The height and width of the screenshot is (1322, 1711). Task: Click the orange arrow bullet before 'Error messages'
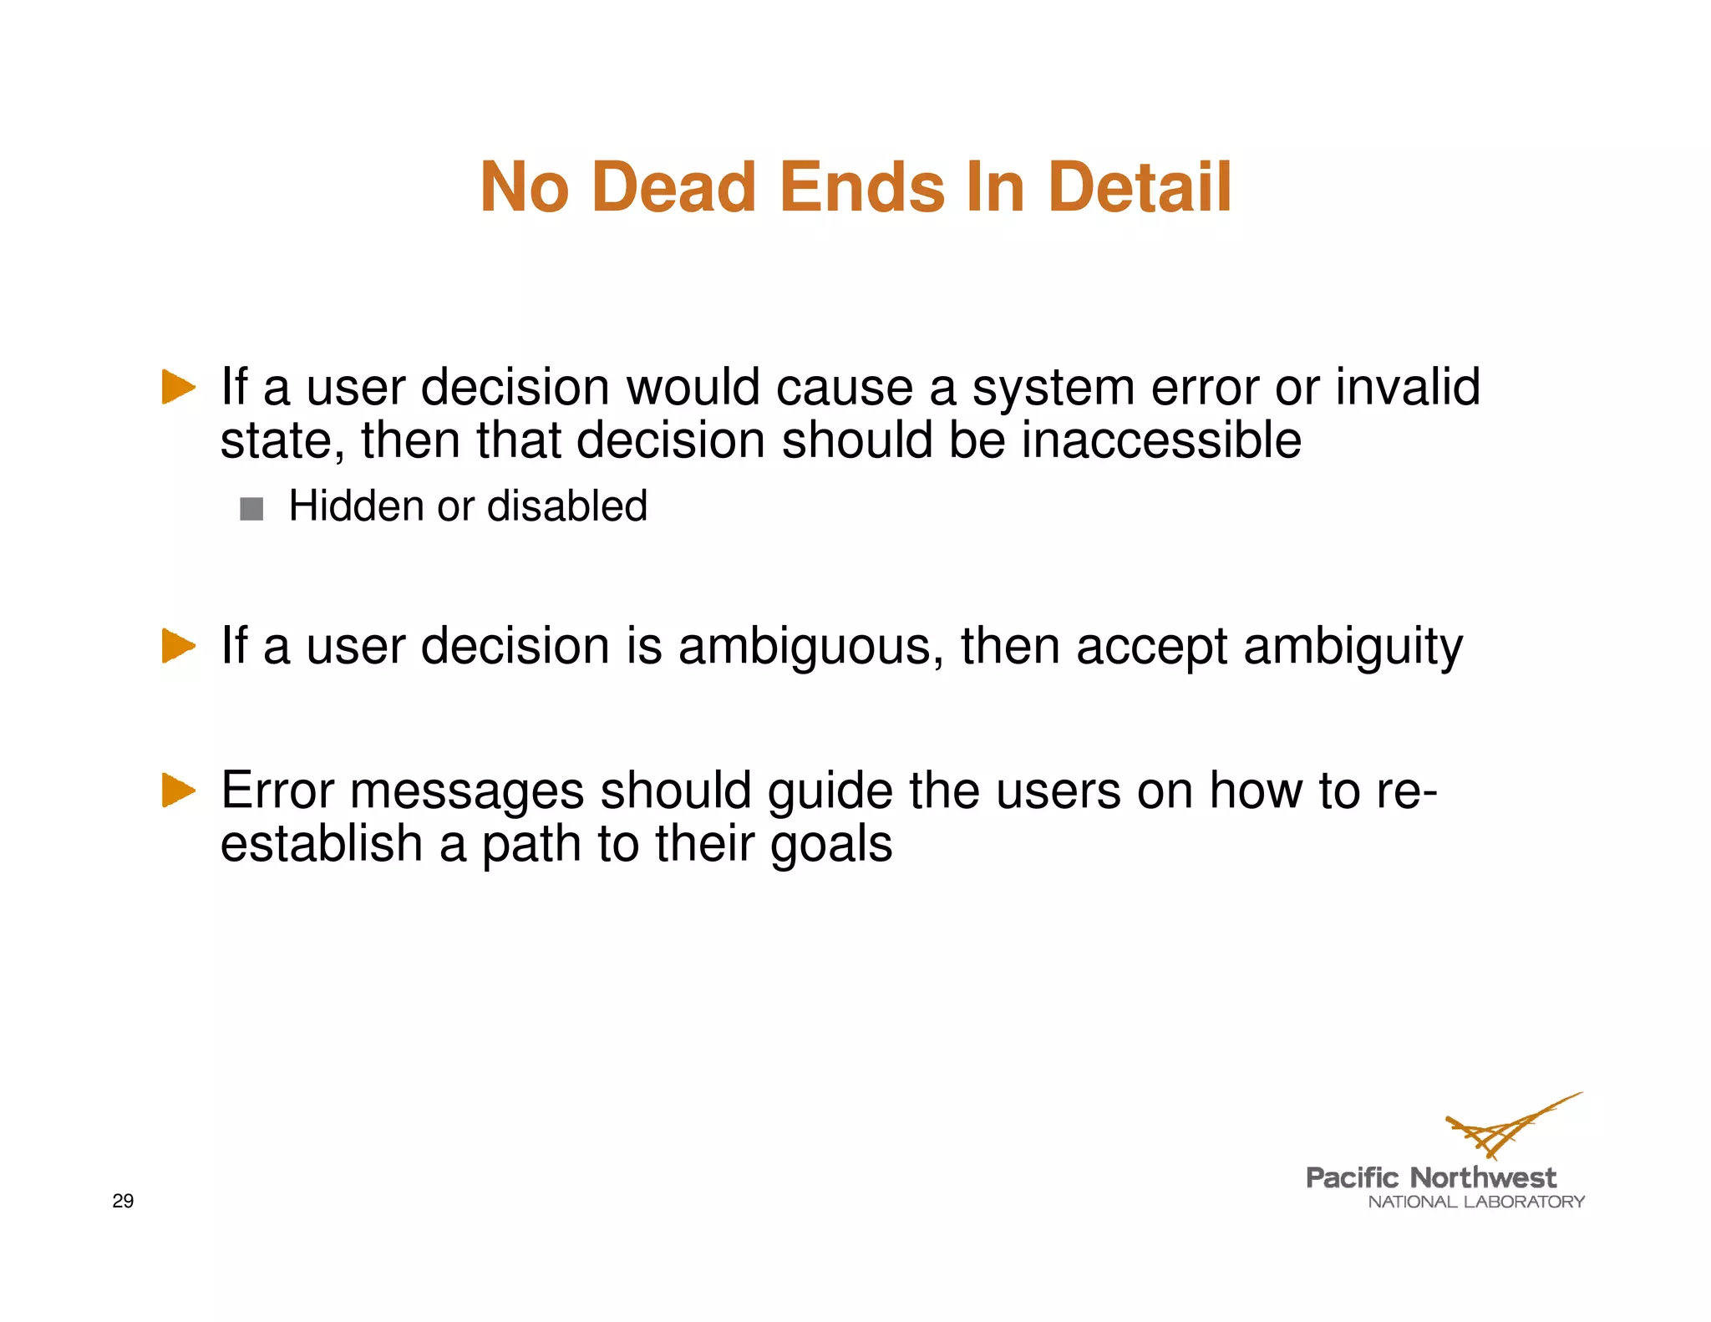[x=178, y=790]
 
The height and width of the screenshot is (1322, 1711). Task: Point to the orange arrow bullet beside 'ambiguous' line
[x=178, y=646]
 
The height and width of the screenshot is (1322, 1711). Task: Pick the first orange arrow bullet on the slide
[x=178, y=387]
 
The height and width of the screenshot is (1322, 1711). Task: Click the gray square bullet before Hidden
[x=251, y=508]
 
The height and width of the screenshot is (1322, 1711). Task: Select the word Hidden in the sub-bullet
[x=356, y=506]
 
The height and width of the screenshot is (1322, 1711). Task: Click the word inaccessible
[x=1161, y=440]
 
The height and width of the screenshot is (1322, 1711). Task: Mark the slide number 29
[x=123, y=1201]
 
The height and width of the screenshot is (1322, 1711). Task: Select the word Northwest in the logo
[x=1483, y=1177]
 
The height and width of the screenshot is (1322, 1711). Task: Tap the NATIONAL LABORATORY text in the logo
[x=1476, y=1202]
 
